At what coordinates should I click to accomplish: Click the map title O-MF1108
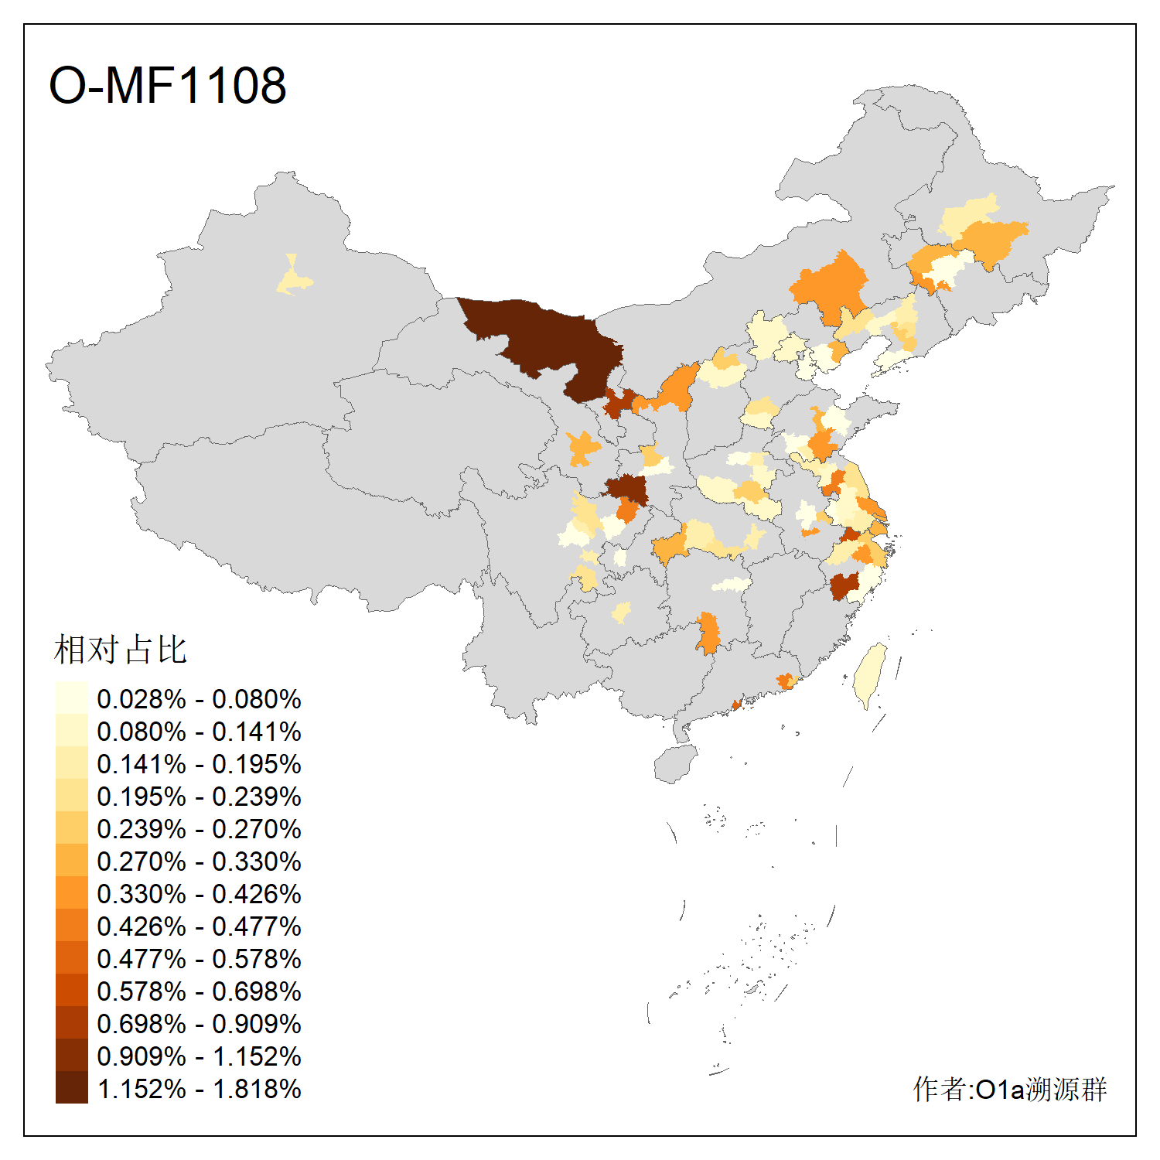[167, 85]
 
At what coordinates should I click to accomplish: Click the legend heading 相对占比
[120, 650]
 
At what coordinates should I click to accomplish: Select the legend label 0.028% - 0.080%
[199, 699]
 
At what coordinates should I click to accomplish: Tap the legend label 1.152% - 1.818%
[199, 1089]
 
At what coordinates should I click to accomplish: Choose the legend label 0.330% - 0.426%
[199, 894]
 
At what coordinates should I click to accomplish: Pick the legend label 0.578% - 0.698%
[199, 991]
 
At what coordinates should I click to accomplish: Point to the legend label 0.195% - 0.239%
[199, 797]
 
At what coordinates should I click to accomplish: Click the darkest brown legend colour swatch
[71, 1087]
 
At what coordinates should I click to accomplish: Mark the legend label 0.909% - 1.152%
[199, 1056]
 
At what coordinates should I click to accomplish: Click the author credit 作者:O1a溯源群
[1010, 1089]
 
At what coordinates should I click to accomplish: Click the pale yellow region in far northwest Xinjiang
[293, 278]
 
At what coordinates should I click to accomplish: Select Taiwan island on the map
[870, 673]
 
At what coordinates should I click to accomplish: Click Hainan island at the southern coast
[674, 764]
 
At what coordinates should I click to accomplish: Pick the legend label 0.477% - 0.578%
[199, 959]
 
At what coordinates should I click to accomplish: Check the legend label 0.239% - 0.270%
[199, 829]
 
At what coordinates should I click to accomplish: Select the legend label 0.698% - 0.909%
[199, 1024]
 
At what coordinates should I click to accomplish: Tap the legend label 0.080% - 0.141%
[199, 732]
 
